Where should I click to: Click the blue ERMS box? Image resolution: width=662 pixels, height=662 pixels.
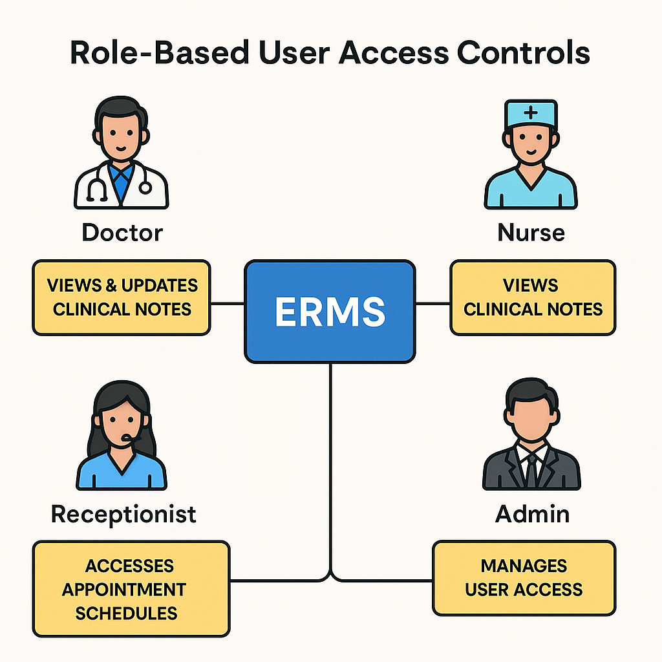click(x=330, y=311)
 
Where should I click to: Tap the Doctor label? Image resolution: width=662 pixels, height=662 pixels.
click(x=122, y=232)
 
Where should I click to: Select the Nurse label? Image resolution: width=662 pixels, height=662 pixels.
click(x=531, y=232)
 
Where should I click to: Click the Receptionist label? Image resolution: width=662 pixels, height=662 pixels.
click(x=123, y=514)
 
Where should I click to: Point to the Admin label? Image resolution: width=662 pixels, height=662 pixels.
click(x=532, y=514)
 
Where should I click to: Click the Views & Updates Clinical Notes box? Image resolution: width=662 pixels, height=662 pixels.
click(x=122, y=297)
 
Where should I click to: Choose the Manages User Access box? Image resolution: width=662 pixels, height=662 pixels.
click(x=524, y=577)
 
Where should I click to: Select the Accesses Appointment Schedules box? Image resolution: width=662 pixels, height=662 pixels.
click(x=131, y=589)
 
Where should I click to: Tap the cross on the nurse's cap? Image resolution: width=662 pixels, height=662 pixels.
click(x=531, y=112)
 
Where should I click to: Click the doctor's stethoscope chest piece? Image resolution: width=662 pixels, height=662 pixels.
click(x=145, y=187)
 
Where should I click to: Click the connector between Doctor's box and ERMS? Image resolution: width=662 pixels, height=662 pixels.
click(x=227, y=302)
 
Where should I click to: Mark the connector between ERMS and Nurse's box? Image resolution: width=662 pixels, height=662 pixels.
click(x=432, y=302)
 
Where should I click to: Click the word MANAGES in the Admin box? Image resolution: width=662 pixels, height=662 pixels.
click(x=524, y=566)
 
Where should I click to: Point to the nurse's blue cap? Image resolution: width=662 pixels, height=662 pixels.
click(x=531, y=114)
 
